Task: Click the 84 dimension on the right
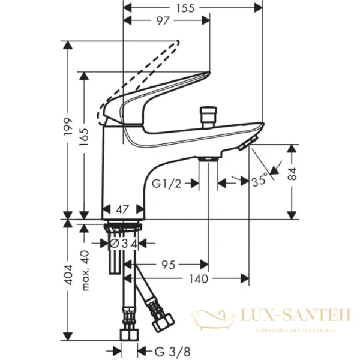tap(292, 175)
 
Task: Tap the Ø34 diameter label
tap(124, 243)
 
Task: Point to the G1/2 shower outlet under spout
tap(208, 158)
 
